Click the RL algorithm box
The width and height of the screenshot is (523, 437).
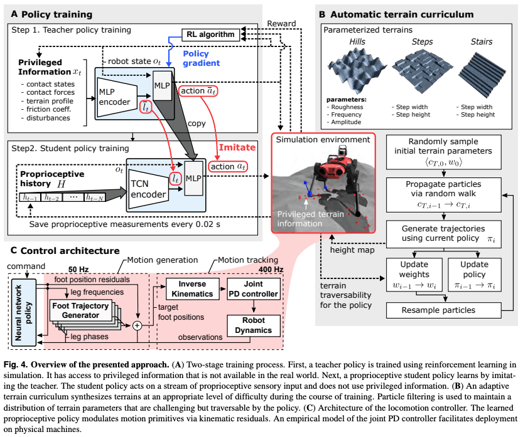[210, 34]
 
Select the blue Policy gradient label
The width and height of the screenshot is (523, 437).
[201, 59]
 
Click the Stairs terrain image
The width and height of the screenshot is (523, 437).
[481, 68]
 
